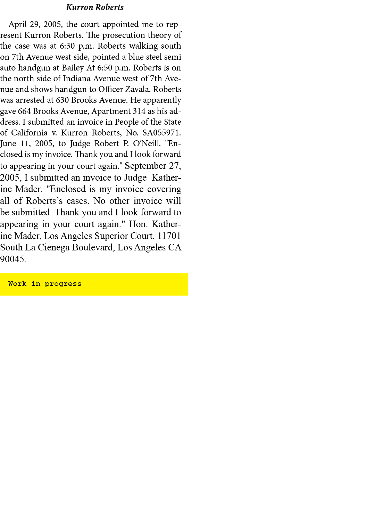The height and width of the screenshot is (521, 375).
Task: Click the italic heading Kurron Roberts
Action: coord(95,7)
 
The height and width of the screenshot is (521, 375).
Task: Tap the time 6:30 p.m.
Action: coord(77,46)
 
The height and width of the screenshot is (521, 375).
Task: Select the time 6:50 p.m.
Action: coord(114,68)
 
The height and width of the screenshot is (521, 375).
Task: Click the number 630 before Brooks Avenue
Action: coord(62,100)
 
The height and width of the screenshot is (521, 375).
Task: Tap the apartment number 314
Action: coord(139,111)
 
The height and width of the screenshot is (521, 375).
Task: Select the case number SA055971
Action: coord(161,133)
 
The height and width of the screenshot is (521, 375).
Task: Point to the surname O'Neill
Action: coord(147,143)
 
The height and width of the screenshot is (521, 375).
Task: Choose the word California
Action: coord(29,133)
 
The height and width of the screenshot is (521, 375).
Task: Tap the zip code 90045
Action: coord(13,259)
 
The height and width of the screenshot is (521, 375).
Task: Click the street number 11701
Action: coord(169,236)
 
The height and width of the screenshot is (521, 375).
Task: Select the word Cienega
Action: coord(53,247)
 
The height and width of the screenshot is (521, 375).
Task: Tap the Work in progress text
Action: coord(45,284)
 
